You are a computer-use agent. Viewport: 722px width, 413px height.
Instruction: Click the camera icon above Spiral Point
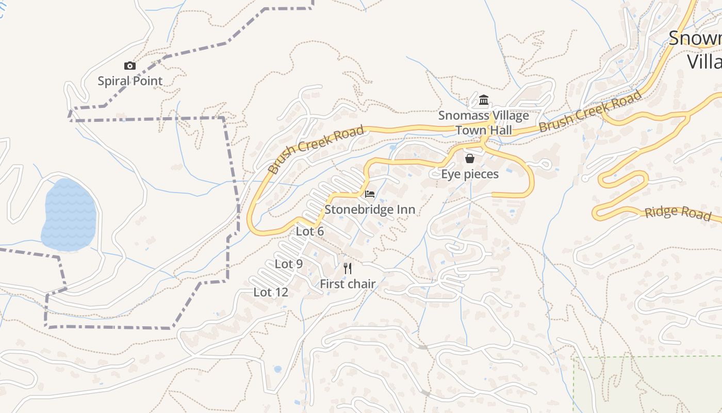(130, 66)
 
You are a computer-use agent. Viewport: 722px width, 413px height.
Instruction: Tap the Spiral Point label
(130, 81)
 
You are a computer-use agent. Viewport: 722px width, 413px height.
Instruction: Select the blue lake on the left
(69, 215)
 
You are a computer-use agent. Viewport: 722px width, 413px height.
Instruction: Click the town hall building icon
(484, 100)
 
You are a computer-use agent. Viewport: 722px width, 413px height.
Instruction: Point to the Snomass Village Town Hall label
(484, 122)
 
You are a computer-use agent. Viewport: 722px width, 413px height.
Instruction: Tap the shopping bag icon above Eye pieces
(469, 158)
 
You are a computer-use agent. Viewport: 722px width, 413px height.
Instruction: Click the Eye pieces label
(470, 174)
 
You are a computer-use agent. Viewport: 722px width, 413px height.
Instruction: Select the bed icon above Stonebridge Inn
(370, 194)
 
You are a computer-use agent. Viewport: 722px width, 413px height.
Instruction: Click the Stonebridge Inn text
(370, 210)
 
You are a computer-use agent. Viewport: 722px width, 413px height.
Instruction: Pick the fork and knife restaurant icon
(348, 268)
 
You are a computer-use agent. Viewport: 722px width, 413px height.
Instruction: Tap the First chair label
(348, 284)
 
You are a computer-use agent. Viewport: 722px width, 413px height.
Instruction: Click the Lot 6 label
(310, 231)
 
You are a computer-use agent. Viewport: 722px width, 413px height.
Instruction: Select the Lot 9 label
(289, 264)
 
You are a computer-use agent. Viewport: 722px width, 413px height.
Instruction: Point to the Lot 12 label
(271, 292)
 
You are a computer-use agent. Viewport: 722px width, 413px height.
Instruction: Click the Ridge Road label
(678, 213)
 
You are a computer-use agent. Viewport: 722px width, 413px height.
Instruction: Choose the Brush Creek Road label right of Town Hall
(590, 110)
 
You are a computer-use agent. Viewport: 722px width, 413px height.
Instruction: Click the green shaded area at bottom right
(650, 385)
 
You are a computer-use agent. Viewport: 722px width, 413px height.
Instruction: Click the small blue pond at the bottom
(277, 369)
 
